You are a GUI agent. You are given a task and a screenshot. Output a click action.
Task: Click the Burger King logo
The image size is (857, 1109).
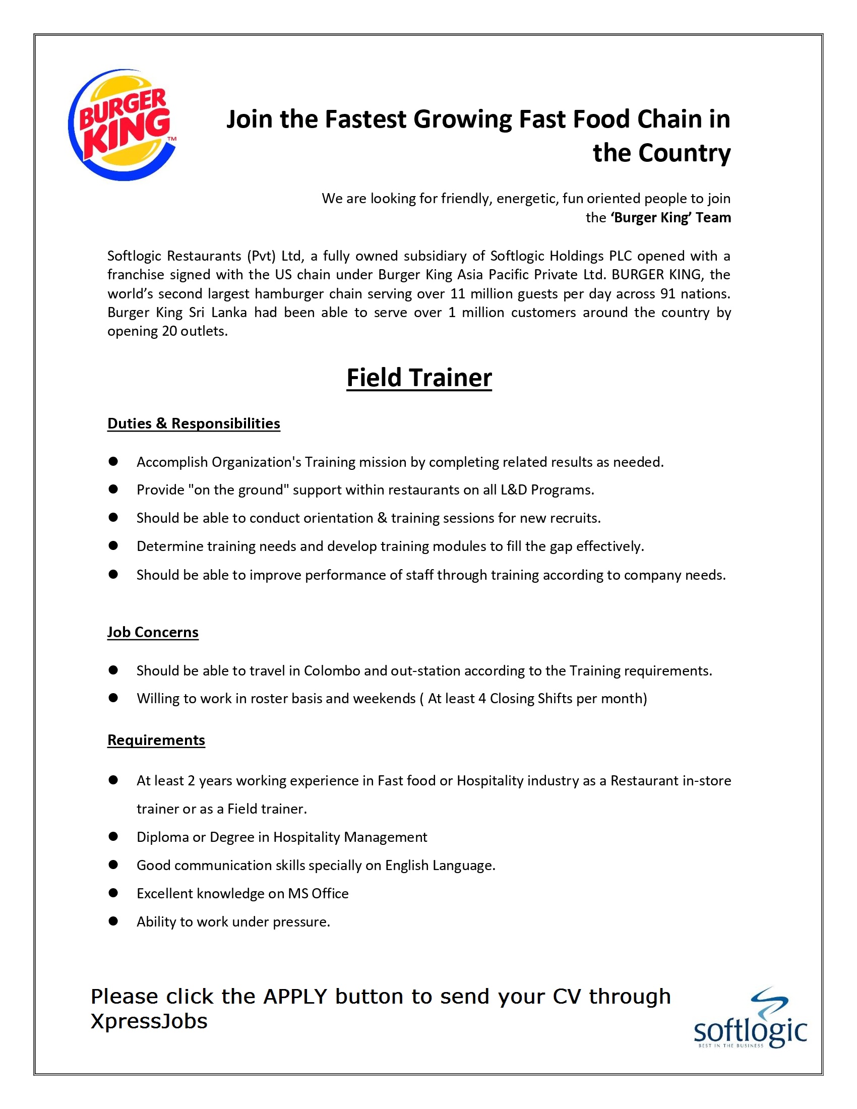122,125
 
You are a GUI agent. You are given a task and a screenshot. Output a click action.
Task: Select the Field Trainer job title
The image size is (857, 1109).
419,378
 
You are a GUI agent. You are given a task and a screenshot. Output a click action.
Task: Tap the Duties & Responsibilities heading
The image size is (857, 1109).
194,423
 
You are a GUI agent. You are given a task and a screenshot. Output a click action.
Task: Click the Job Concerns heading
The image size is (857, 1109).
152,632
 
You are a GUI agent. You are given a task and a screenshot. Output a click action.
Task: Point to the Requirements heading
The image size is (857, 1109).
156,740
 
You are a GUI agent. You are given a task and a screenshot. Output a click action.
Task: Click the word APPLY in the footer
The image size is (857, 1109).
295,997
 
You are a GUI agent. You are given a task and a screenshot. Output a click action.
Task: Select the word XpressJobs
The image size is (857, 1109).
149,1021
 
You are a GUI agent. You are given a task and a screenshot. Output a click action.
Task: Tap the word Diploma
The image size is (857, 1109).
162,837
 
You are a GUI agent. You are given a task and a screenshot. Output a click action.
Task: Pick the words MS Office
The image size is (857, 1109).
318,893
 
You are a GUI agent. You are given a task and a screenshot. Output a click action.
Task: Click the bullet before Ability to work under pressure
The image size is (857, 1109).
113,921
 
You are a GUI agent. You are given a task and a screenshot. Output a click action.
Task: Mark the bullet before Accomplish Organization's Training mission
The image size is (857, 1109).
113,461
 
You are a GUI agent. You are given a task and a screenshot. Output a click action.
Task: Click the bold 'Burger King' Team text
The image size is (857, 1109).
670,217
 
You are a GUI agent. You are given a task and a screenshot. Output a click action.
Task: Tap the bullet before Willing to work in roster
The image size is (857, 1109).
113,698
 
